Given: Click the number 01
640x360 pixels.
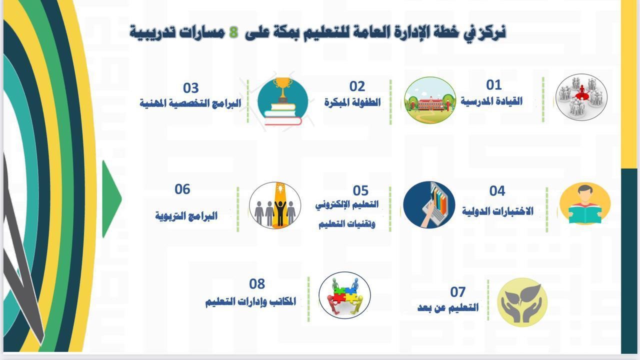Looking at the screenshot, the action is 493,85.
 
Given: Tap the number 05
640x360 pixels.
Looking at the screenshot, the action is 360,190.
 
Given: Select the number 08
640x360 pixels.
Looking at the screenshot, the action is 257,284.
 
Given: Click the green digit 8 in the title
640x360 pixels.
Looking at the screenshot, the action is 233,32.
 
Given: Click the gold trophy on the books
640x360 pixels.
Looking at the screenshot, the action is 283,88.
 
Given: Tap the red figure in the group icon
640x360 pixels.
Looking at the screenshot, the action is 581,91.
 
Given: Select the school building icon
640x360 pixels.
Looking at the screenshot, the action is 430,100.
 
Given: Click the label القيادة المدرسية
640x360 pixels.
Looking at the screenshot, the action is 491,101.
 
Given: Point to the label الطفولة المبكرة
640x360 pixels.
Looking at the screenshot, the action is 352,102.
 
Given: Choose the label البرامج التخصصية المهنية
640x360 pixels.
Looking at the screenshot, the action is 190,103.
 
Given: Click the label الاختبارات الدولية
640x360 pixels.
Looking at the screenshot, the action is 497,211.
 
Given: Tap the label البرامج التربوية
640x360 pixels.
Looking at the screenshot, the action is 186,216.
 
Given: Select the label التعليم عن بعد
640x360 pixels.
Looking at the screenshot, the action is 448,308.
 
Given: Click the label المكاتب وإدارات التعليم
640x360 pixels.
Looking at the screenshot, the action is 250,301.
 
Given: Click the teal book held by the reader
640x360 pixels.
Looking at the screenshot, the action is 585,214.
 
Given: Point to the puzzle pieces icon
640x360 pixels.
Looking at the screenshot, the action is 344,295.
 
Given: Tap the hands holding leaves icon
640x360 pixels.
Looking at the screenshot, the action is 522,302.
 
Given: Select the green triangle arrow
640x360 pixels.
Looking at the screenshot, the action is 111,199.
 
